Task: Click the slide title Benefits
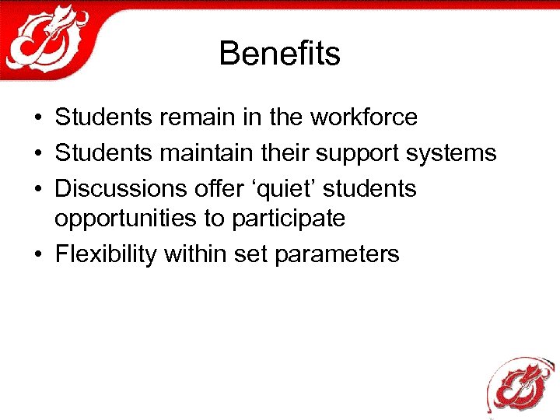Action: tap(279, 54)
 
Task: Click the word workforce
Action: tap(364, 117)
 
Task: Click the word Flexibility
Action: tap(106, 254)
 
